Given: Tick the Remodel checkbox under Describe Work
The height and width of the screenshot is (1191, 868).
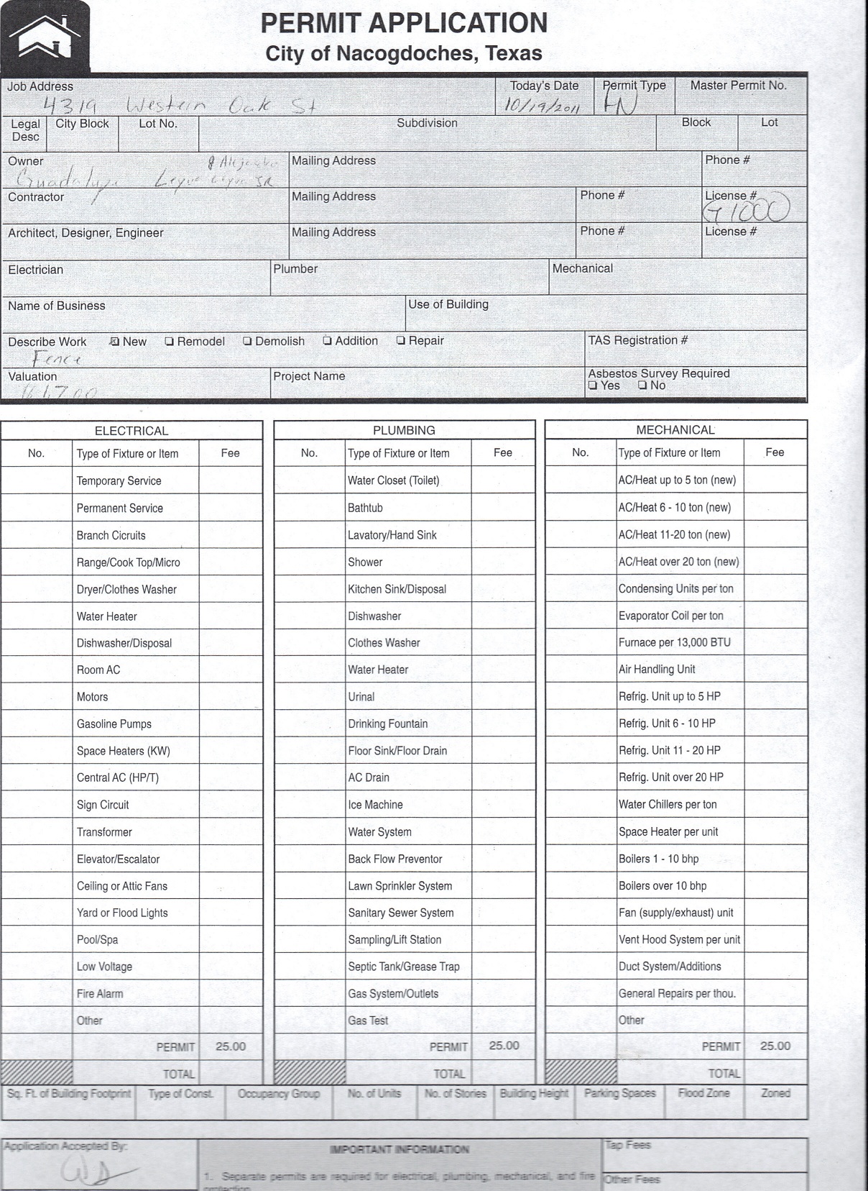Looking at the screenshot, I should (x=169, y=342).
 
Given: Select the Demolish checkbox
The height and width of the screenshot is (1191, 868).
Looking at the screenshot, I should (x=247, y=342).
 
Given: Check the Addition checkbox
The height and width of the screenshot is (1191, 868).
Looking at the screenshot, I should (x=327, y=341).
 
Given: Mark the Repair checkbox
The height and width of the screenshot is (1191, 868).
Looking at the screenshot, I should (x=401, y=341).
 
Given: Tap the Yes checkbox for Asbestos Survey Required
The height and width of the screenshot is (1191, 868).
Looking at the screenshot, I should (x=592, y=385).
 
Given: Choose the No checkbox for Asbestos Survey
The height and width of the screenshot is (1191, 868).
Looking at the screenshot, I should (x=642, y=385).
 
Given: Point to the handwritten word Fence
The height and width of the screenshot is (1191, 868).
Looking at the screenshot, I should (x=57, y=359).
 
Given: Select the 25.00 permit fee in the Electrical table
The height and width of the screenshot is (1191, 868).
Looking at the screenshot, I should (x=231, y=1046).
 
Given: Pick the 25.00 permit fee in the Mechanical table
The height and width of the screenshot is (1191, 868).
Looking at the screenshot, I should (x=775, y=1046).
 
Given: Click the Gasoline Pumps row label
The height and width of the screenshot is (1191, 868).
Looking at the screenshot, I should (x=114, y=724).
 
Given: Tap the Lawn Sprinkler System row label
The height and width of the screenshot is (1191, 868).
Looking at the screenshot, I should (x=400, y=886).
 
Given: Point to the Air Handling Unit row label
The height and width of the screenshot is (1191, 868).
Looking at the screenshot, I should (x=657, y=670).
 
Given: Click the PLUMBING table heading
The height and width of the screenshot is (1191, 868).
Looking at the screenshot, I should (x=404, y=430).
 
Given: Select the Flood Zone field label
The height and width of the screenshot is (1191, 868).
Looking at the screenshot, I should (x=703, y=1093).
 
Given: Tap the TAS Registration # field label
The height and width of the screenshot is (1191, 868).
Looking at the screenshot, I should (x=637, y=340).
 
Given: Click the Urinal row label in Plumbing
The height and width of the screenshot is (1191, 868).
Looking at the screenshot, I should (x=361, y=697).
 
